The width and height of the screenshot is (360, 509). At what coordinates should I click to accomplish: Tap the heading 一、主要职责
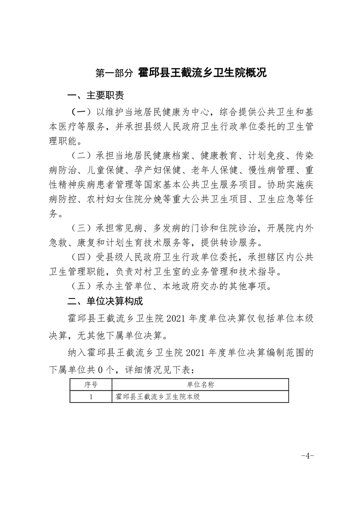(95, 96)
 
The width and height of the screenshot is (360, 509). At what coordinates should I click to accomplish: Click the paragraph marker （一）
(81, 111)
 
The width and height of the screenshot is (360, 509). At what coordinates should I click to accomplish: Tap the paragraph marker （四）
(81, 257)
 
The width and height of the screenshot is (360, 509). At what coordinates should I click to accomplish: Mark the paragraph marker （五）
(81, 286)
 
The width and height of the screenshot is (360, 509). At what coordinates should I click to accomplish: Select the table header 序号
(91, 385)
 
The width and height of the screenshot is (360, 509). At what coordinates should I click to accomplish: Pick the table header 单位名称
(200, 385)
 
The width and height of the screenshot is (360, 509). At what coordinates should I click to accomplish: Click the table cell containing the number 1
(91, 396)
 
